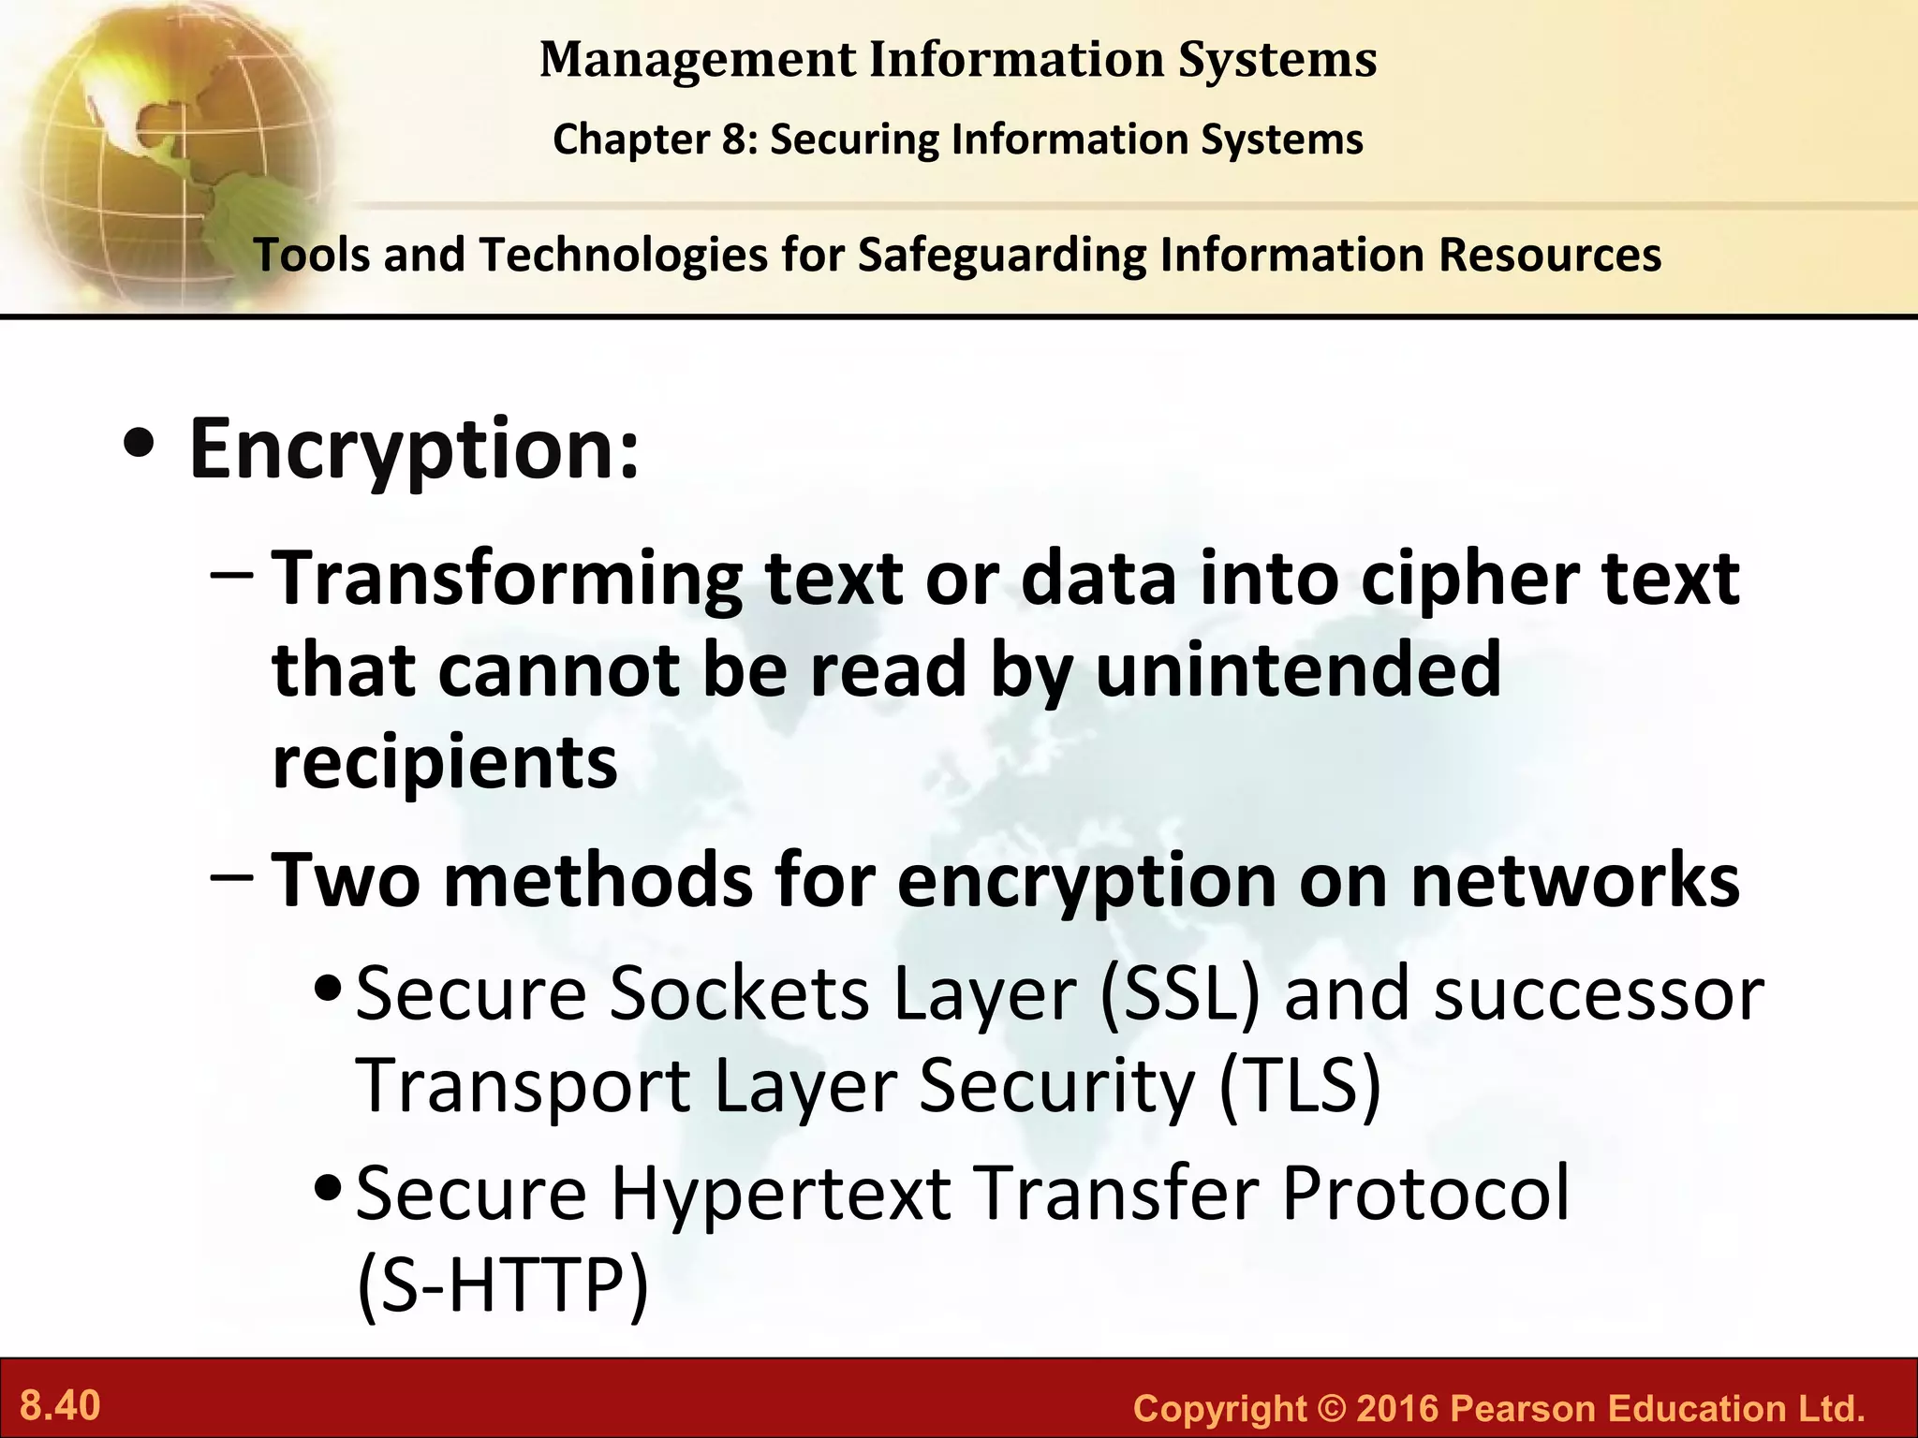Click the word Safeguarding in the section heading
(x=1001, y=256)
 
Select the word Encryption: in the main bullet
(x=414, y=449)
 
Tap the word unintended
(x=1298, y=670)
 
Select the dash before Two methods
(x=231, y=878)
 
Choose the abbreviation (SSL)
(x=1180, y=994)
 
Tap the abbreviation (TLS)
(x=1300, y=1086)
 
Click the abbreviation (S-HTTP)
(x=502, y=1284)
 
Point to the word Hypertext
(x=781, y=1195)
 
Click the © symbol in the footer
(x=1331, y=1408)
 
